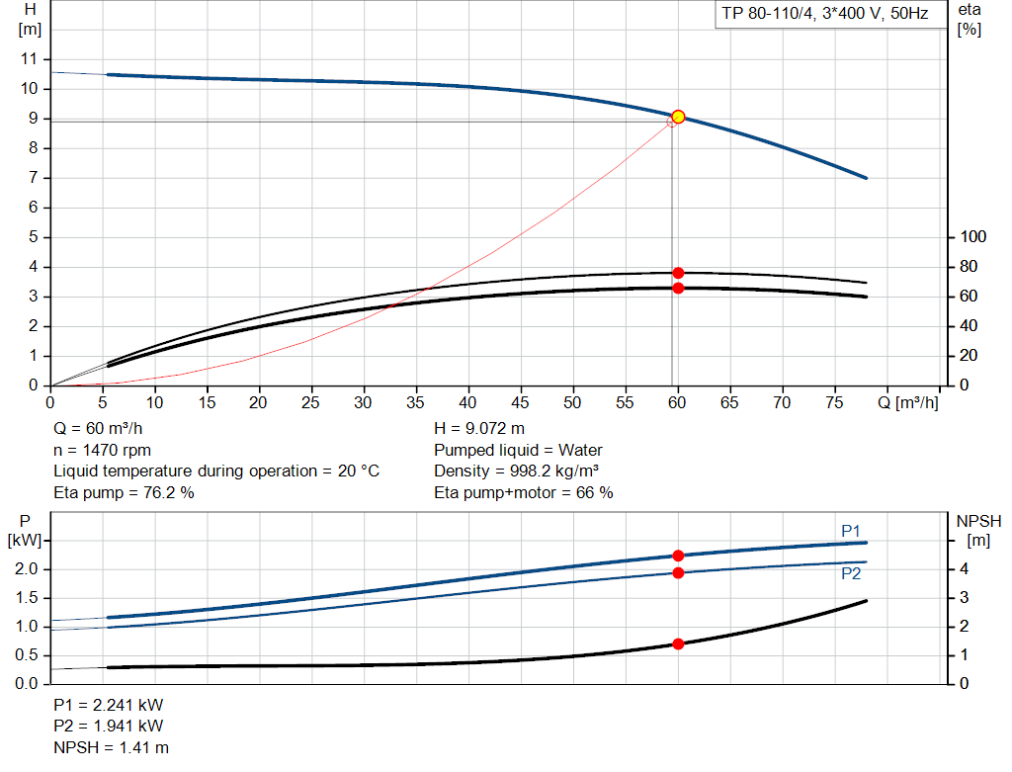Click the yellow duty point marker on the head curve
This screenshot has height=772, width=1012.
[678, 117]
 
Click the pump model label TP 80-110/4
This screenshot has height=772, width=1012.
[822, 15]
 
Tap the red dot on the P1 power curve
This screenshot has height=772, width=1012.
[678, 556]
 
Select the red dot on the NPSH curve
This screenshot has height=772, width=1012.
[678, 643]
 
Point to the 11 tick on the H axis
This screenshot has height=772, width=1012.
[30, 59]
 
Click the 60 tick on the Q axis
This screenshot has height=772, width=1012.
[678, 402]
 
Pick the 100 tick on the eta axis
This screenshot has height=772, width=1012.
[973, 237]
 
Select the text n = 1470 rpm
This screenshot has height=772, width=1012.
[102, 450]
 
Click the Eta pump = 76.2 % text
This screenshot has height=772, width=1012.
[124, 492]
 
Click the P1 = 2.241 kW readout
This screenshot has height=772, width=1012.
[109, 706]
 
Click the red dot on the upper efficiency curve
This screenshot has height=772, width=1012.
[678, 273]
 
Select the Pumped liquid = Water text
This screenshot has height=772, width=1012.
[518, 450]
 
